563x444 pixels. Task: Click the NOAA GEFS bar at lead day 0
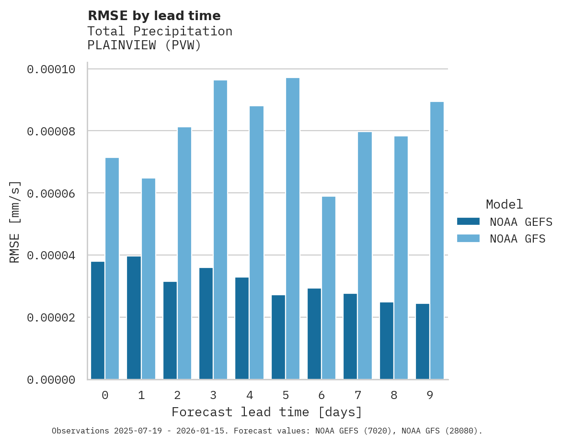[x=98, y=321]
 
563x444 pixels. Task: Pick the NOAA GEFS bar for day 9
[x=423, y=342]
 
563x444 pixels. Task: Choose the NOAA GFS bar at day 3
[x=220, y=230]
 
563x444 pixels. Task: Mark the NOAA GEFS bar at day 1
[x=134, y=318]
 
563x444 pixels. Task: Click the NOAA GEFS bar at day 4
[x=242, y=328]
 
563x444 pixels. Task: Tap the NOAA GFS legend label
[x=517, y=239]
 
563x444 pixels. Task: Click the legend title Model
[x=504, y=204]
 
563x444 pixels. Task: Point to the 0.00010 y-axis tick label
[x=51, y=69]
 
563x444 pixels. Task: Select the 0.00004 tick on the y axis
[x=51, y=255]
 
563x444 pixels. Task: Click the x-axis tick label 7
[x=357, y=395]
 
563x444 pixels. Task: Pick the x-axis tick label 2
[x=177, y=395]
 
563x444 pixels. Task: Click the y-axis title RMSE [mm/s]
[x=15, y=222]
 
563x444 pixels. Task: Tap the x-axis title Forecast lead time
[x=267, y=412]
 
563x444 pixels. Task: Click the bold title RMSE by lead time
[x=154, y=16]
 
